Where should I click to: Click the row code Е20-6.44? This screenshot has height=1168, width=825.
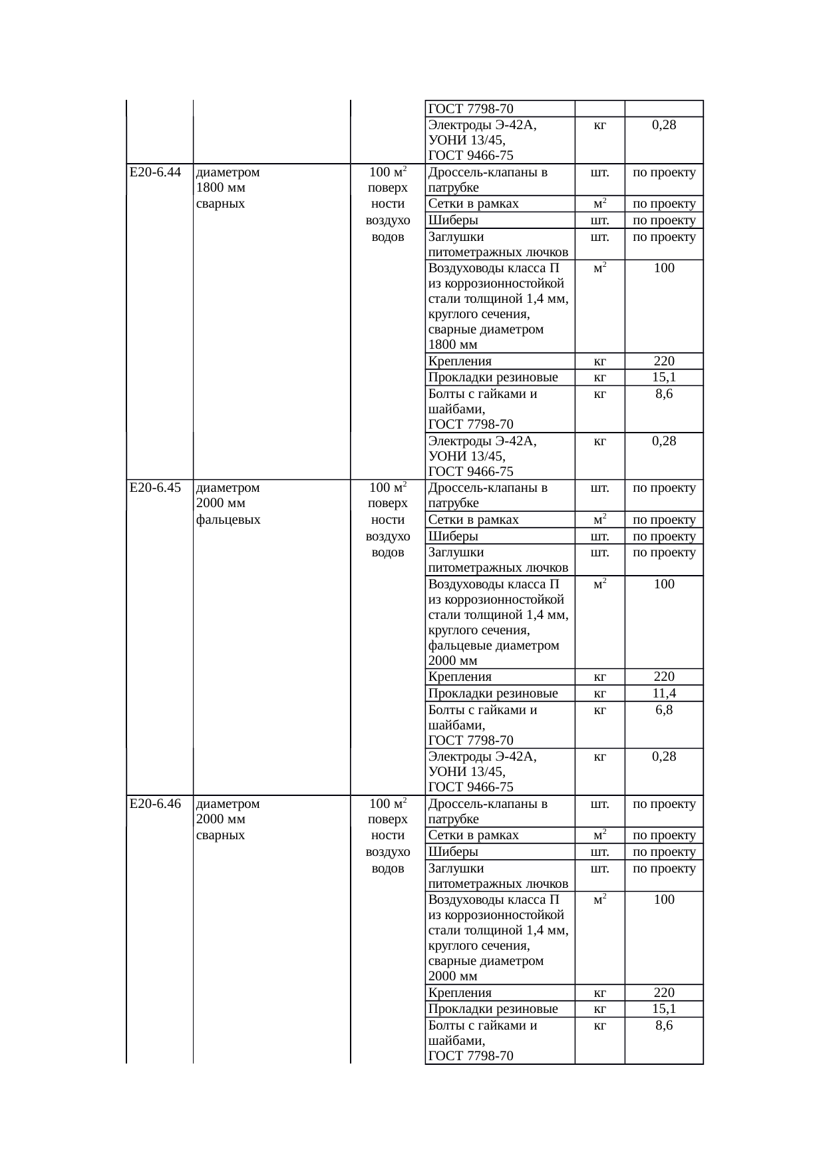[156, 172]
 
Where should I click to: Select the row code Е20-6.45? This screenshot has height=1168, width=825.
[156, 488]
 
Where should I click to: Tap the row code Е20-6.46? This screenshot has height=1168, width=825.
[156, 803]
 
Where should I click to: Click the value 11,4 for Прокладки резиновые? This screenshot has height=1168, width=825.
[663, 693]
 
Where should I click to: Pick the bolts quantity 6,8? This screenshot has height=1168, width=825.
[663, 710]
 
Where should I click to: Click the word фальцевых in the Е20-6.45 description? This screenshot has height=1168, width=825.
[228, 520]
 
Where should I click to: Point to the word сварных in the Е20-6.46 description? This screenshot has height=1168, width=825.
[221, 835]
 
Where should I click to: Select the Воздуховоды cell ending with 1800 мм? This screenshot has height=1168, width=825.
[498, 306]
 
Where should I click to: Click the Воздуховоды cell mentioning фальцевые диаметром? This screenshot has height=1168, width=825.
[498, 622]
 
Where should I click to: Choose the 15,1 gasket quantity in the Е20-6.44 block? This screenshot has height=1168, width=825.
[663, 377]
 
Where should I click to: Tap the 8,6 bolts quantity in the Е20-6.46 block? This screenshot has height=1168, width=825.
[663, 1026]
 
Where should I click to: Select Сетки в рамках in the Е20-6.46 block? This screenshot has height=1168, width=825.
[473, 835]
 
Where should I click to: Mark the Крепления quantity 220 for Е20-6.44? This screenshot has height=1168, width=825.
[663, 361]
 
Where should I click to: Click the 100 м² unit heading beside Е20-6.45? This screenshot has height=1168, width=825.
[388, 488]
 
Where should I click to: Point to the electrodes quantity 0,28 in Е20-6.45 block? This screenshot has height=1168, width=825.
[663, 756]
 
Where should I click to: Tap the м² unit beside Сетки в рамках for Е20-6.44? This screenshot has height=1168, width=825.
[599, 204]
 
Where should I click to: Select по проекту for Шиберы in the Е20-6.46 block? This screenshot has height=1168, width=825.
[664, 852]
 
